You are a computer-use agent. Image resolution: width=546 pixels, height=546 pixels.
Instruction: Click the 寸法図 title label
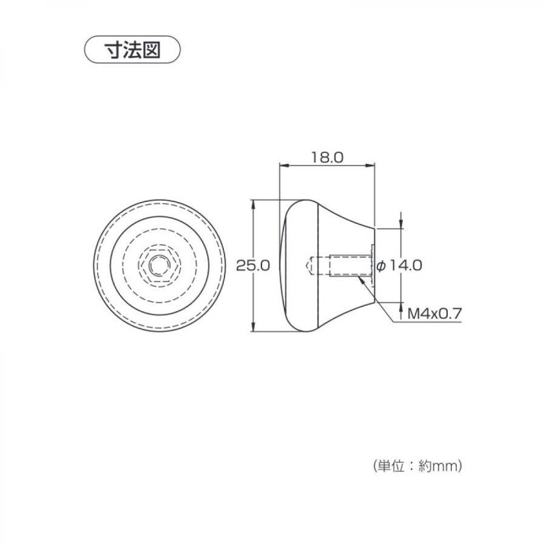coord(133,49)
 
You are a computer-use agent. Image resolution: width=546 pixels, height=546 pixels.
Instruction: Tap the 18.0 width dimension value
coord(327,157)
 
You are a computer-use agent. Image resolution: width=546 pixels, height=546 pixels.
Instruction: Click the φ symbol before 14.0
coord(380,265)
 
